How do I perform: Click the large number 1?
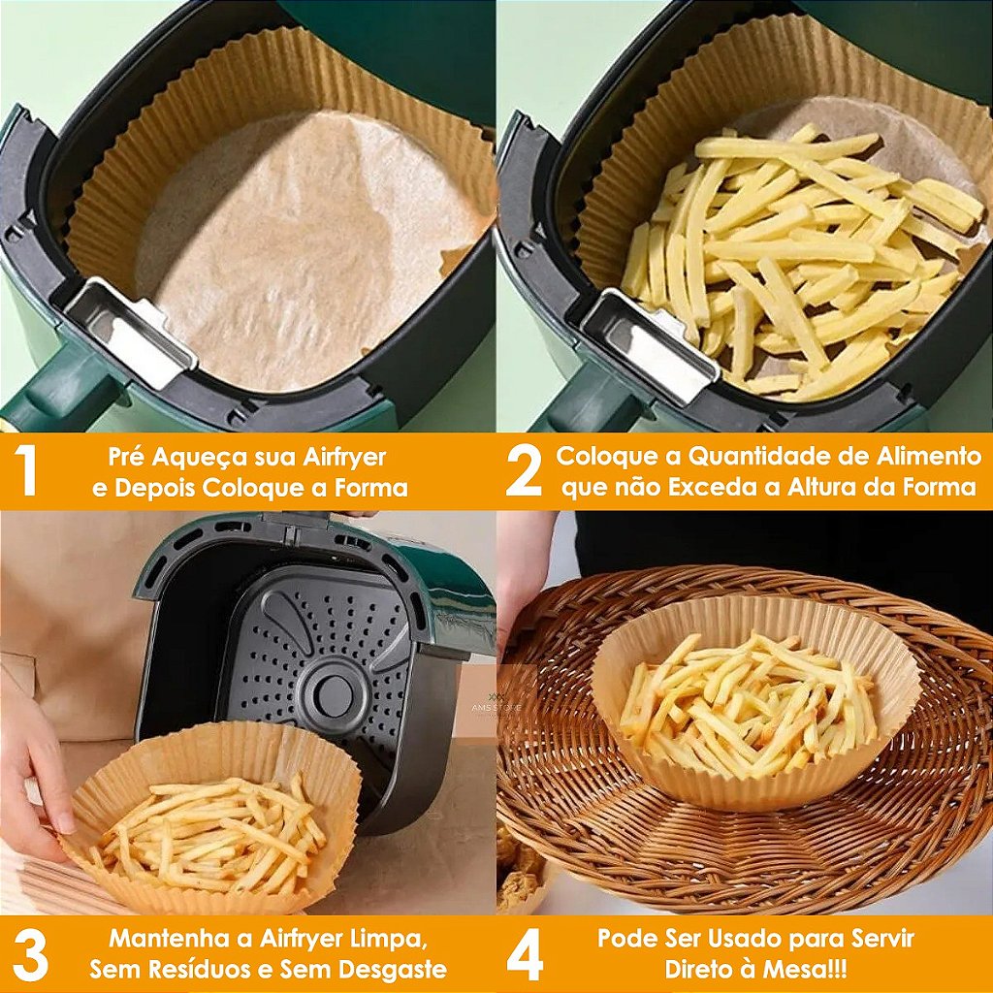click(28, 471)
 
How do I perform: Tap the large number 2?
click(524, 471)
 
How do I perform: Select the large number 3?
click(30, 955)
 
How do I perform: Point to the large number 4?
click(525, 955)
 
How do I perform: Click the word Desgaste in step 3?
click(394, 970)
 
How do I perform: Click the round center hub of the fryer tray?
click(335, 691)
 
